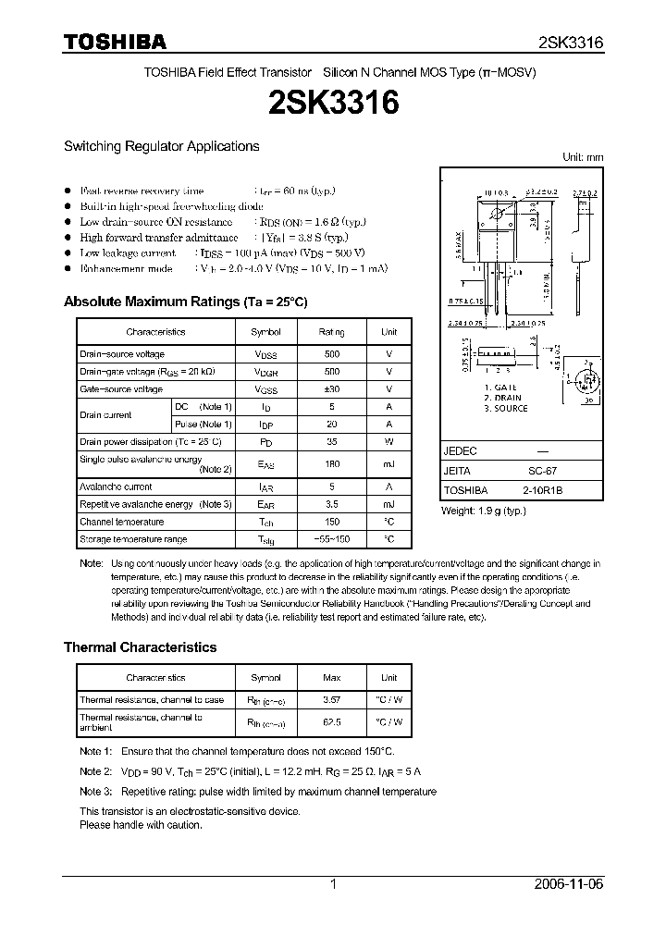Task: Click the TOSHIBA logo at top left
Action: [x=115, y=42]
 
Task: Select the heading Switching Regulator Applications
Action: [x=161, y=146]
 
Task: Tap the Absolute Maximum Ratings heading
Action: [x=185, y=302]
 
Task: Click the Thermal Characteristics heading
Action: [x=140, y=647]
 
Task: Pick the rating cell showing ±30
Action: [x=332, y=389]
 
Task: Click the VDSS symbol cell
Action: [x=265, y=355]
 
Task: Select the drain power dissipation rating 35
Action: [x=332, y=442]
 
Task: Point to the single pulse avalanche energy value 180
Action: [x=332, y=464]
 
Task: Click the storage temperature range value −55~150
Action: [x=332, y=539]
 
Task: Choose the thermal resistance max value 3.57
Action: [x=332, y=700]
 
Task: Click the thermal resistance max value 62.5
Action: [x=332, y=722]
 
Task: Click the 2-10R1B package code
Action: [x=543, y=490]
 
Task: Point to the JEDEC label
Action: [x=460, y=451]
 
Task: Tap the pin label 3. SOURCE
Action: [x=504, y=408]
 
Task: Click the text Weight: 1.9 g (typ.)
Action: [x=483, y=511]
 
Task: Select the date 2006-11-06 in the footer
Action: [x=571, y=884]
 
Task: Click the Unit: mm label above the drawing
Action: [x=583, y=158]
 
